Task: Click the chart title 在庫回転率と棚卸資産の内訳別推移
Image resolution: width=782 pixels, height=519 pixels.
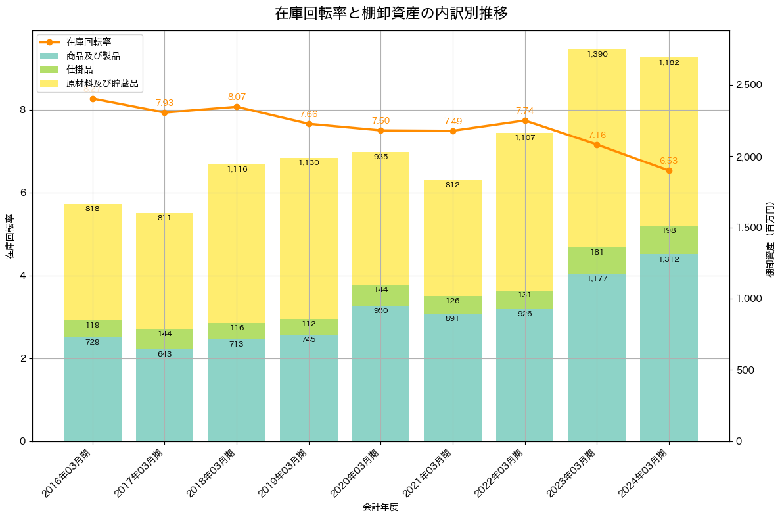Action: (391, 13)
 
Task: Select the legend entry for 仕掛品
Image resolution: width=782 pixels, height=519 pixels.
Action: (80, 70)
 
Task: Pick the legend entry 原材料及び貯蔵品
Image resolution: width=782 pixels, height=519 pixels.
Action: (103, 84)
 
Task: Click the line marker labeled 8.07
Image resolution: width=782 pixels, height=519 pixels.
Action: (237, 107)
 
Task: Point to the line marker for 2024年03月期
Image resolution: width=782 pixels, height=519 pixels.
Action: (669, 170)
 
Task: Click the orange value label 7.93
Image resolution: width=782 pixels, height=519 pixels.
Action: (165, 103)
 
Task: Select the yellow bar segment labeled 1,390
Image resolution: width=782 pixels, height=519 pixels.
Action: (597, 148)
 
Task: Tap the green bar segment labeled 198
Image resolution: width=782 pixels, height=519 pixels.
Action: (669, 239)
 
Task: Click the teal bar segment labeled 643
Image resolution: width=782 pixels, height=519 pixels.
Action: (165, 395)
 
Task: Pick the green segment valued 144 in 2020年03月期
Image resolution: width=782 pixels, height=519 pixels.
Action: (380, 295)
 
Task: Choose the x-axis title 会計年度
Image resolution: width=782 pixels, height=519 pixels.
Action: (380, 507)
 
